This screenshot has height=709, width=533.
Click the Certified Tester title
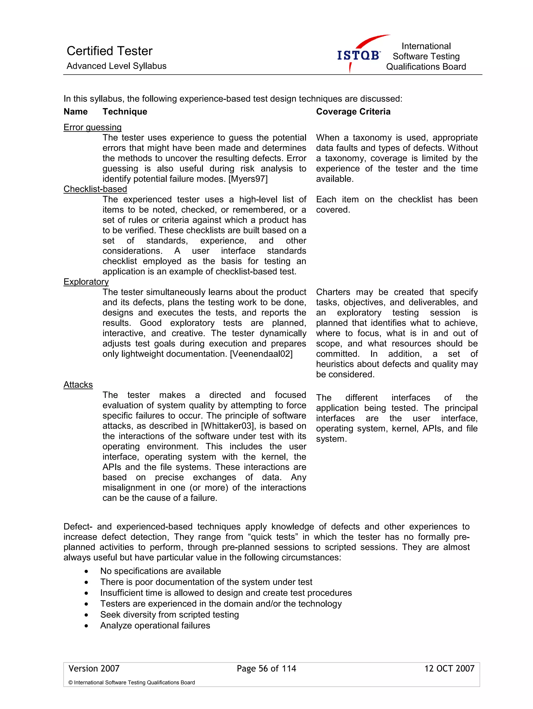pos(109,51)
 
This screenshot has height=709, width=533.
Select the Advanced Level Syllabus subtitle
pos(116,66)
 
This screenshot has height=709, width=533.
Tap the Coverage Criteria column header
pos(353,112)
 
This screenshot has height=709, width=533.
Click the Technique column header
pos(125,112)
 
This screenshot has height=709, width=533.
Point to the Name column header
pos(76,112)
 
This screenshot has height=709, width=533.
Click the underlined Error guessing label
pos(92,127)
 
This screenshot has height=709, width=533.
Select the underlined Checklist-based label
pos(95,189)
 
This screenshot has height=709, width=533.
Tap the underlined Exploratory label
pos(86,282)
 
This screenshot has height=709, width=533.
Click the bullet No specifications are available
pos(160,571)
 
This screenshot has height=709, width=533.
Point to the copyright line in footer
pos(131,682)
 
